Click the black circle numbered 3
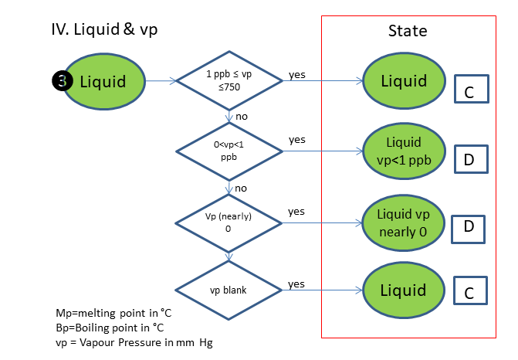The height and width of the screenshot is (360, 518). click(62, 80)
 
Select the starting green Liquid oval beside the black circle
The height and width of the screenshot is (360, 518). click(106, 80)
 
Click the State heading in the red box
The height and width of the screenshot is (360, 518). click(407, 32)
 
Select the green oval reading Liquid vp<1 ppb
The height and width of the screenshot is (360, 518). click(404, 151)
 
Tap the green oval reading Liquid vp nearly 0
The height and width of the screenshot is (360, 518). click(404, 222)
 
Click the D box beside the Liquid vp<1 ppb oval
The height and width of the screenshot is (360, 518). click(469, 159)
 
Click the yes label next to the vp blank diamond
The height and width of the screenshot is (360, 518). click(296, 284)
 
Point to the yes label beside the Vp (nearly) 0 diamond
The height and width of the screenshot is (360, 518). click(296, 211)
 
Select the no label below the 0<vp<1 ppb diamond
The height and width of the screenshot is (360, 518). click(241, 187)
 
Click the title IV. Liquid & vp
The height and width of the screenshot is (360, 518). click(103, 31)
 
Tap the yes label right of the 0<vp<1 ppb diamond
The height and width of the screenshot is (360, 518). click(296, 140)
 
